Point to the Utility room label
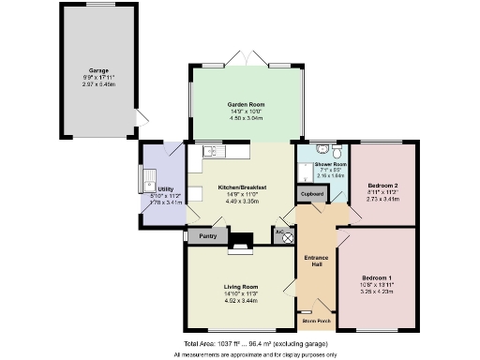pos(165,189)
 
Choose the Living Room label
pos(243,286)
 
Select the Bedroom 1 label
pos(378,278)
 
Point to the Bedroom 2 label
pos(382,185)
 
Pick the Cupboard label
pos(312,193)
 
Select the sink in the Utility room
pos(149,176)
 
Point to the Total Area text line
pos(239,343)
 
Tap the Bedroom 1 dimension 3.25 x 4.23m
pos(378,292)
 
